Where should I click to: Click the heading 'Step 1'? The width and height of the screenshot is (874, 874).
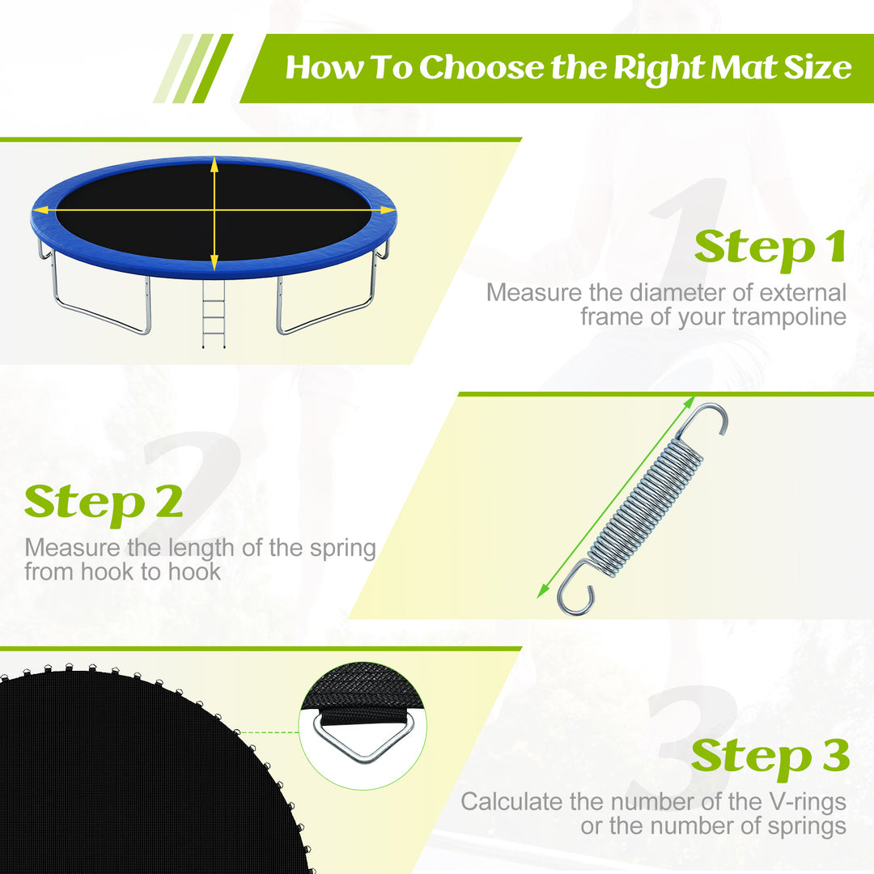(770, 246)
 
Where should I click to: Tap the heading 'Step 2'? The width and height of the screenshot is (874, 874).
(104, 503)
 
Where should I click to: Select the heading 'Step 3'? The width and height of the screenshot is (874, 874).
(770, 756)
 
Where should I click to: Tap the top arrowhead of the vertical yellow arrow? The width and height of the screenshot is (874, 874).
(214, 164)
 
